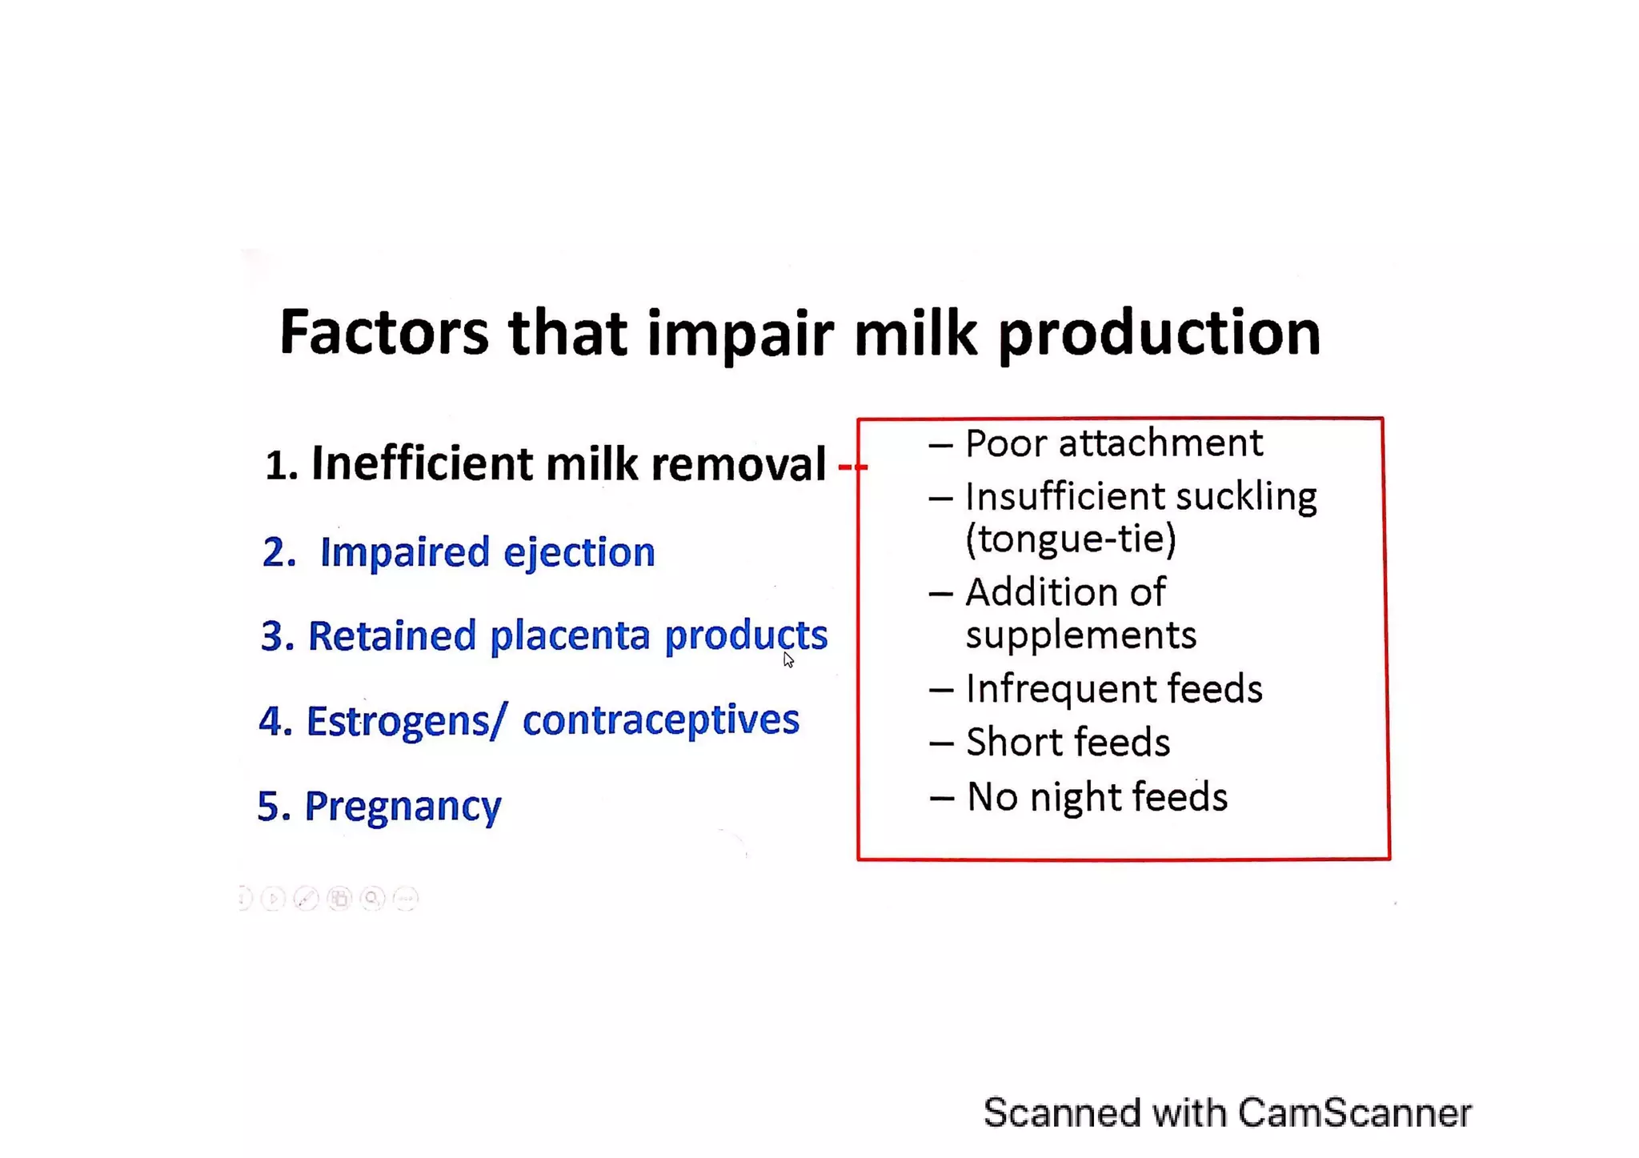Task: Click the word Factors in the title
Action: (383, 333)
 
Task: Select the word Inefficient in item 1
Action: (421, 464)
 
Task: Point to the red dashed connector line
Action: (852, 466)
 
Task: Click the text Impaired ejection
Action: (487, 553)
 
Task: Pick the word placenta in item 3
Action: (570, 636)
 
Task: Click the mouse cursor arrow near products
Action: (788, 659)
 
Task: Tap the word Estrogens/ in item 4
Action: (407, 721)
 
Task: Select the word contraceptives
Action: (660, 720)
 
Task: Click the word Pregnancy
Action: (403, 807)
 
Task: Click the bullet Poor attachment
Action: (1112, 443)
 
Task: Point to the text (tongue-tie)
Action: (1071, 539)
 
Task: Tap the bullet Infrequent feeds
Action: (1112, 689)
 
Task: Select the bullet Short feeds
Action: (1067, 743)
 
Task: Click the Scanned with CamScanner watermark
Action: (1226, 1113)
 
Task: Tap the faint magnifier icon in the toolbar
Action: (372, 899)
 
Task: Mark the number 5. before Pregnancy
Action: (273, 807)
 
